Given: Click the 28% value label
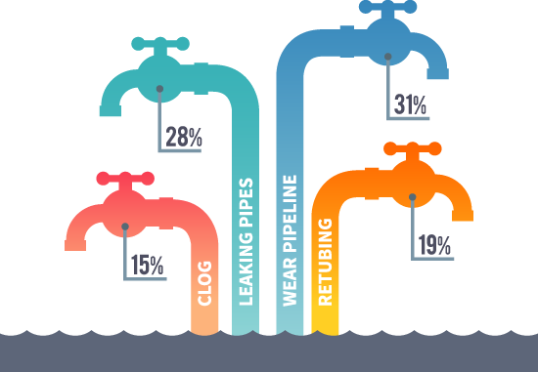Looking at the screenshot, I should pos(184,137).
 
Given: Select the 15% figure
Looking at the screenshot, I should pos(147,265).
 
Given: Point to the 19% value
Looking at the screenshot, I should pos(434,245).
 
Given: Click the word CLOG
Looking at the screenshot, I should pos(205,284).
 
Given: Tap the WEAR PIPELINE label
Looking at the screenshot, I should pos(290,240).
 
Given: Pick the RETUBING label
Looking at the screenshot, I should pos(327,262).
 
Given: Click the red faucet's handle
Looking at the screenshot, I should pos(124,179).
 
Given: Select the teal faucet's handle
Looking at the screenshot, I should pos(158,44).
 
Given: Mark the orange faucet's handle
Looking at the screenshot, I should pos(412,149).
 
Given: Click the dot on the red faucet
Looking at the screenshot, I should pos(124,227).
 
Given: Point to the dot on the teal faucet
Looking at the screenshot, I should pos(159,89).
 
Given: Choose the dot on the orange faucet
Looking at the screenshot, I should pos(413,196).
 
